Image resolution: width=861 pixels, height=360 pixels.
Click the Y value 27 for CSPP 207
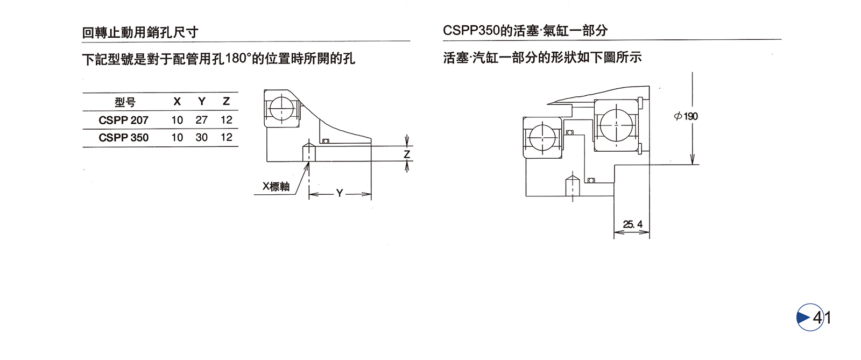[x=201, y=120]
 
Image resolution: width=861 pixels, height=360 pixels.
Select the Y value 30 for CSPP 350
[x=201, y=138]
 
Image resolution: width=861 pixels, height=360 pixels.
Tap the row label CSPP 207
[x=123, y=120]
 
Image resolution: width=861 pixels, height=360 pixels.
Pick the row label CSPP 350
[x=123, y=138]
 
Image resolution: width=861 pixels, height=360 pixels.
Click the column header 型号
[x=125, y=102]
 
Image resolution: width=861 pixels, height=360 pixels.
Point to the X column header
[x=177, y=102]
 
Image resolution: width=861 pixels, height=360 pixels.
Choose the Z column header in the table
[x=226, y=102]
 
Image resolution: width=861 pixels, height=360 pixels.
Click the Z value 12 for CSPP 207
[x=226, y=120]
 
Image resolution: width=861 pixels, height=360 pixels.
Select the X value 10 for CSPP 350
[x=177, y=138]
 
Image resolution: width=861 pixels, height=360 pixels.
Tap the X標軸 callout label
[x=276, y=187]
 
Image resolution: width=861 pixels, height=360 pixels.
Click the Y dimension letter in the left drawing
[x=340, y=193]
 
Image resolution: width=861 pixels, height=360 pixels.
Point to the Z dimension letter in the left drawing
[x=407, y=154]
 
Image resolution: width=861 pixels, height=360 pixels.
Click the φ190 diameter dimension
[x=686, y=116]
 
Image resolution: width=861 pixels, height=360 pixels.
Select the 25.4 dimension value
[x=632, y=224]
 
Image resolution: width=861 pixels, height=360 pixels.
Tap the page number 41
[x=822, y=318]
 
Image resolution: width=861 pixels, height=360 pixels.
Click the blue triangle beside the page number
[x=804, y=317]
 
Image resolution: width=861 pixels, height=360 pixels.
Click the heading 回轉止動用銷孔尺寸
[x=140, y=32]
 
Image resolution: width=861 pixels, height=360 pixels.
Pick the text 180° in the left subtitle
[x=238, y=58]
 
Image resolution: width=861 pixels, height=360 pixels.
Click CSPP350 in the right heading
[x=471, y=31]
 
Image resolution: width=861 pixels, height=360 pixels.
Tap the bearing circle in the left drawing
[x=281, y=109]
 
